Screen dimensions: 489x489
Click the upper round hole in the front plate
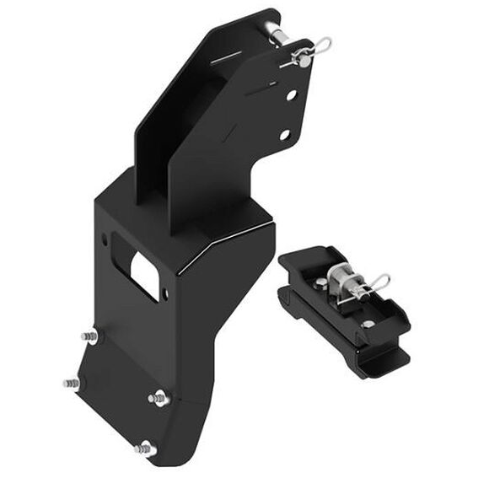[291, 96]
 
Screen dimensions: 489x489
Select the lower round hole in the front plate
[284, 134]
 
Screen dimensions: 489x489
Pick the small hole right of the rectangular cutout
[165, 293]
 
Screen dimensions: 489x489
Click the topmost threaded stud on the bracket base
[89, 336]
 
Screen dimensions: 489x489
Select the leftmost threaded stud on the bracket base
[71, 384]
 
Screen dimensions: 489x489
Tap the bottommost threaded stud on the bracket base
[145, 448]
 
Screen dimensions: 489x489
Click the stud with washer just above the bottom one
[158, 398]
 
